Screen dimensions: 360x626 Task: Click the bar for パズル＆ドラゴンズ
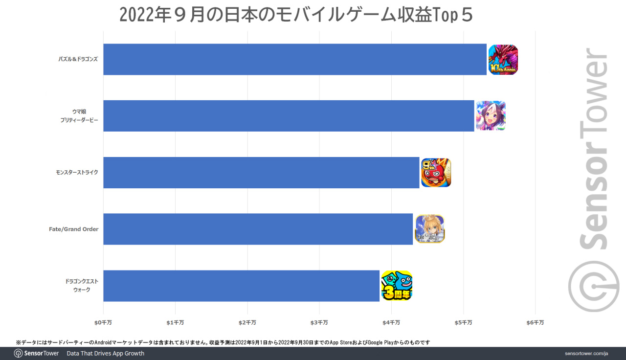[x=294, y=59]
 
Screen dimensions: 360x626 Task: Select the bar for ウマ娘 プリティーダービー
[x=289, y=116]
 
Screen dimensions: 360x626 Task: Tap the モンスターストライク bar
[x=261, y=173]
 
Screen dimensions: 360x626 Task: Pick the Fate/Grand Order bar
[x=258, y=229]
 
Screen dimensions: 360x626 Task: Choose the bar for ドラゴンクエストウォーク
[x=241, y=286]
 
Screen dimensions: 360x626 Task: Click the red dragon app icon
[x=503, y=60]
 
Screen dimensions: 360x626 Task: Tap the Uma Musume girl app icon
[x=491, y=116]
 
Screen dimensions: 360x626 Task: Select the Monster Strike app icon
[x=436, y=173]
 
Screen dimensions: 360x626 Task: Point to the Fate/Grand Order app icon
[x=429, y=229]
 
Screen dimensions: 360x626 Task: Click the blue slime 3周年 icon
[x=397, y=286]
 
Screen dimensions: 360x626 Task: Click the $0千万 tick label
[x=103, y=323]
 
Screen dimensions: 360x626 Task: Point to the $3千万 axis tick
[x=319, y=323]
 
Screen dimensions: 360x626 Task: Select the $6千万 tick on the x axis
[x=535, y=323]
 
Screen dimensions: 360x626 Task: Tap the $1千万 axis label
[x=175, y=323]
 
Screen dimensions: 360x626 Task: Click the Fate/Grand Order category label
[x=73, y=229]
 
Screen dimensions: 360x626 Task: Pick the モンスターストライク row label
[x=77, y=172]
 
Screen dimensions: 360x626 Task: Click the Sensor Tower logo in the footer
[x=37, y=353]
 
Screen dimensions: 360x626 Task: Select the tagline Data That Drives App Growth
[x=106, y=353]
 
